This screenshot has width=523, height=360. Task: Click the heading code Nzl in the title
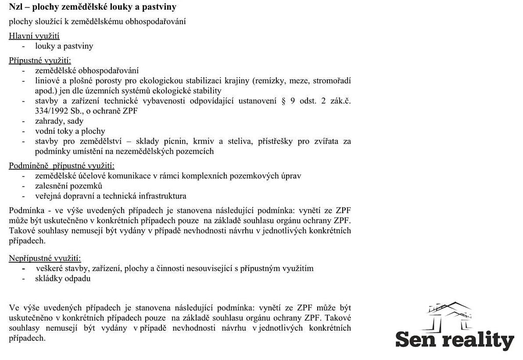pyautogui.click(x=16, y=7)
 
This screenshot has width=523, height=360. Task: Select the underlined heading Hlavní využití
pyautogui.click(x=34, y=36)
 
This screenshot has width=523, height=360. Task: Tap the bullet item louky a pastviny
pyautogui.click(x=64, y=46)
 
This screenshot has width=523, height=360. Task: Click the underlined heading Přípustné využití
pyautogui.click(x=40, y=60)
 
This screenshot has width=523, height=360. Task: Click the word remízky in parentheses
pyautogui.click(x=271, y=81)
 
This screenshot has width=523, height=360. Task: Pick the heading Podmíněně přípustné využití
pyautogui.click(x=62, y=165)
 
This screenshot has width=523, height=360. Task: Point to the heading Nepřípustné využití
pyautogui.click(x=45, y=258)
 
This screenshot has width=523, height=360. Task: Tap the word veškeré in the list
pyautogui.click(x=50, y=268)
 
